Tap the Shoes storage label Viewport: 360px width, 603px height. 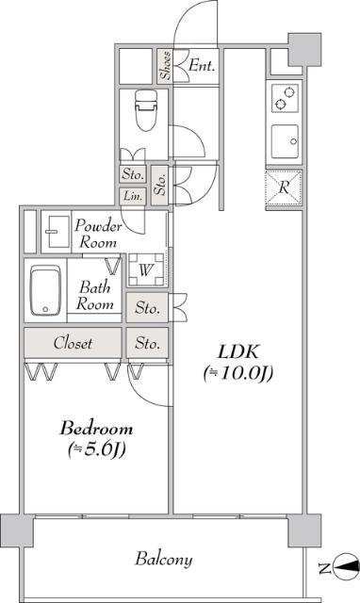tap(165, 66)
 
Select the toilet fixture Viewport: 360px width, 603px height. tap(145, 111)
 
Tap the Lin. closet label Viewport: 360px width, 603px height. tap(131, 196)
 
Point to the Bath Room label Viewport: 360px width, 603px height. tap(96, 295)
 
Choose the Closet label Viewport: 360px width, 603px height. tap(73, 343)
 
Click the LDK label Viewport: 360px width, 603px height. tap(236, 351)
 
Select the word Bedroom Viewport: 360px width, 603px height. tap(92, 429)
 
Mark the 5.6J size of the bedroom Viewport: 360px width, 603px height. tap(94, 449)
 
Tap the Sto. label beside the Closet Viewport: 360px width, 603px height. tap(147, 342)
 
